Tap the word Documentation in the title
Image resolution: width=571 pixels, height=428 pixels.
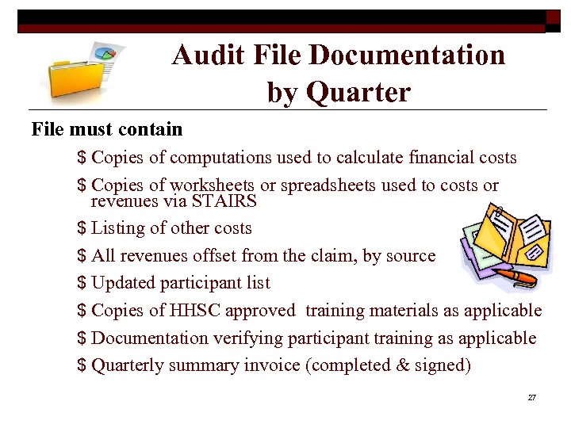coord(407,55)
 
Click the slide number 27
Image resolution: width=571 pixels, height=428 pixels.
coord(531,397)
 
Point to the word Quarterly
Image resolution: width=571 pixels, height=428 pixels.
coord(128,365)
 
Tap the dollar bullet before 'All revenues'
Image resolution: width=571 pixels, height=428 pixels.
coord(82,256)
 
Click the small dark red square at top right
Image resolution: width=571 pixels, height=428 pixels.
coord(553,17)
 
